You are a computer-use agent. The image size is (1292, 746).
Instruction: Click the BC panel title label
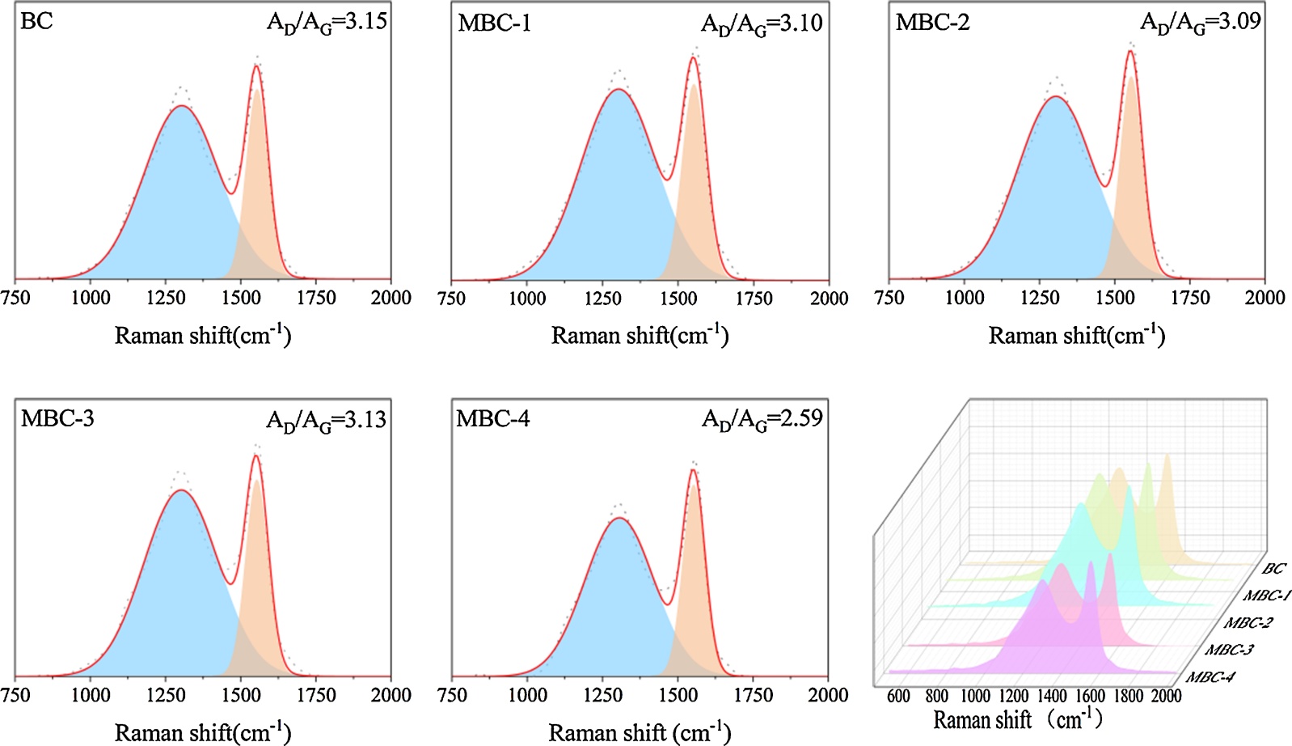[x=36, y=21]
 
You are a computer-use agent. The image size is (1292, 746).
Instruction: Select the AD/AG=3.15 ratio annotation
[x=327, y=23]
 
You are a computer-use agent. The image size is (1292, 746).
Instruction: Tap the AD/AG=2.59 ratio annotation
[x=762, y=419]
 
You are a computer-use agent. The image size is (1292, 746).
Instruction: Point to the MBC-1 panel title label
[x=494, y=23]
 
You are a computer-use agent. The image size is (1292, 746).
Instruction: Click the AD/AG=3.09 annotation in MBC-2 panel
[x=1200, y=23]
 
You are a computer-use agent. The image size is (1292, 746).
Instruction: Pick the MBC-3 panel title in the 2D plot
[x=57, y=419]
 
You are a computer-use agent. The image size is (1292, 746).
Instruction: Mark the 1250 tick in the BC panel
[x=166, y=298]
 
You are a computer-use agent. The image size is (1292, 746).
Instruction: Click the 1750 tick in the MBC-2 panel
[x=1190, y=298]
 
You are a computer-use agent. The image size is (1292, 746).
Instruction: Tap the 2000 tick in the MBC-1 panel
[x=829, y=298]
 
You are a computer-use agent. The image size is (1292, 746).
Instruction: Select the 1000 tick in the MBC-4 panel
[x=527, y=695]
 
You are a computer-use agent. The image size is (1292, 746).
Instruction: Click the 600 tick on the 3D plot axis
[x=898, y=696]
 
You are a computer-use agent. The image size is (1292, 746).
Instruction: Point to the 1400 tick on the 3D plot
[x=1052, y=696]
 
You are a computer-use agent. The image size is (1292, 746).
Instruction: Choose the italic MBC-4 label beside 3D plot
[x=1210, y=677]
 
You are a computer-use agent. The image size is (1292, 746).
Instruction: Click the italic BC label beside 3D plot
[x=1273, y=569]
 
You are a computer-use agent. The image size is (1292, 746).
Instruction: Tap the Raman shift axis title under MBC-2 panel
[x=1076, y=335]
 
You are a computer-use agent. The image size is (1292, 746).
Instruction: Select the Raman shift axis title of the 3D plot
[x=1017, y=719]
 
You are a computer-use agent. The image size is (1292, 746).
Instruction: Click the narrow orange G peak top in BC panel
[x=256, y=66]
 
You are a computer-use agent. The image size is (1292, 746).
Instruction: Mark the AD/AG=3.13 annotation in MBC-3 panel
[x=327, y=421]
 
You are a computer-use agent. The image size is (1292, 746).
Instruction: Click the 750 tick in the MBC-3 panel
[x=15, y=695]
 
